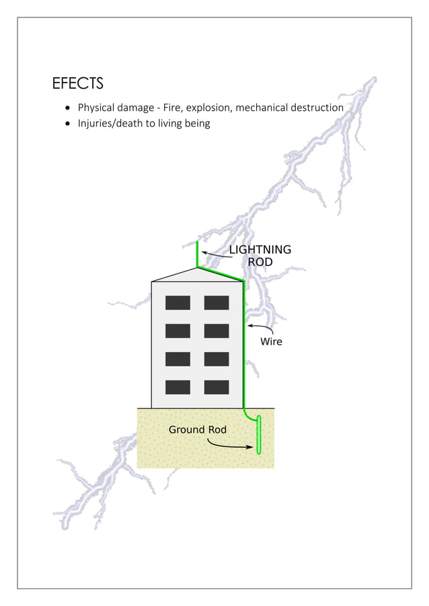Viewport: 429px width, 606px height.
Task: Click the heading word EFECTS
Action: pos(77,84)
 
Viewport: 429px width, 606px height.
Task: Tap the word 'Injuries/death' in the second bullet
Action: pos(110,124)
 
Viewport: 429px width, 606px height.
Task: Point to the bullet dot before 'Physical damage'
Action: pos(67,108)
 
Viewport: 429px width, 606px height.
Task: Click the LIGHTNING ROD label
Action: pos(260,255)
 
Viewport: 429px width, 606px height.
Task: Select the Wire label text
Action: pos(271,342)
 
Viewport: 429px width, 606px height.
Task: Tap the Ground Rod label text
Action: pos(197,429)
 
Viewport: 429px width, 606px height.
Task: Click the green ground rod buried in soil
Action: pos(259,436)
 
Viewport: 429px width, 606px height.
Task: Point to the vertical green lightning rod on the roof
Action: pos(197,253)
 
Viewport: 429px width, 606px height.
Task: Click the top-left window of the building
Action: pos(178,303)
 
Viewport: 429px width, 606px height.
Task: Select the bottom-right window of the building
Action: pos(217,387)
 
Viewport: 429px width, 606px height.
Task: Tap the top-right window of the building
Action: pos(217,303)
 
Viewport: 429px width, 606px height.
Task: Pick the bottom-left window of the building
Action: pos(178,387)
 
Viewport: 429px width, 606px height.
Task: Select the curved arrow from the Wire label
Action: pos(262,328)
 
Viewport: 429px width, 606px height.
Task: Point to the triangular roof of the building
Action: pos(197,275)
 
